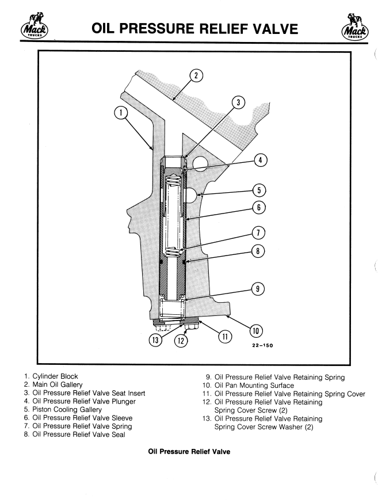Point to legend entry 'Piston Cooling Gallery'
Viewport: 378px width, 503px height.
pyautogui.click(x=69, y=409)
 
